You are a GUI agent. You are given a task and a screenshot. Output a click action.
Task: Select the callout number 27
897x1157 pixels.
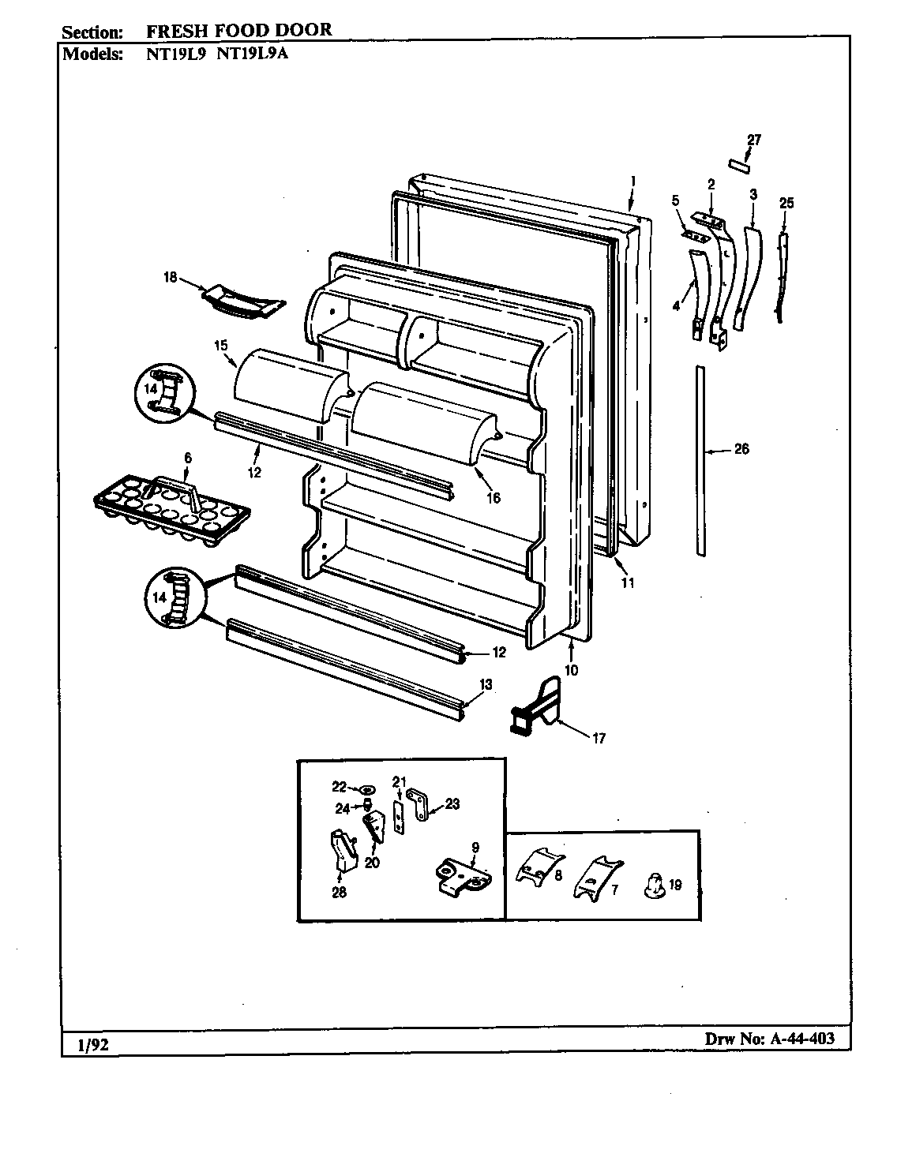753,140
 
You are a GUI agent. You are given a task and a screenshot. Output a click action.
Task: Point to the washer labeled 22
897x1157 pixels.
366,788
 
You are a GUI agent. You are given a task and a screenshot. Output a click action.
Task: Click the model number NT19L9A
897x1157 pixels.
253,54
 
